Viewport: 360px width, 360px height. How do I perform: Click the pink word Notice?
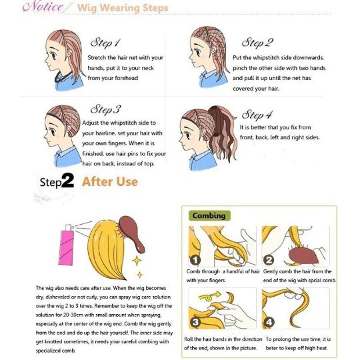(43, 7)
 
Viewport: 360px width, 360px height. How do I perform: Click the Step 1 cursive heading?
(105, 43)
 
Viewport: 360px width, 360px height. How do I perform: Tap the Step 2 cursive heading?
(257, 43)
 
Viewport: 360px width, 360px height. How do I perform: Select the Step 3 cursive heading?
(105, 109)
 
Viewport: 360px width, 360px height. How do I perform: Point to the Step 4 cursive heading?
(257, 115)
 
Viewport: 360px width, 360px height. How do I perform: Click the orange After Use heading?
(110, 182)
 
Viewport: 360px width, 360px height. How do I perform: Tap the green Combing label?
(209, 215)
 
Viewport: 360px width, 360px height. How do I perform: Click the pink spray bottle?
(67, 245)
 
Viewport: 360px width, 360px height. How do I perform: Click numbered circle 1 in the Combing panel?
(195, 260)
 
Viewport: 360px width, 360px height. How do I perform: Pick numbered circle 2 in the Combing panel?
(269, 260)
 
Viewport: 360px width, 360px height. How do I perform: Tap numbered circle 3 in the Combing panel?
(195, 322)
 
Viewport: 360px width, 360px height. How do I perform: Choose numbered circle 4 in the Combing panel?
(269, 322)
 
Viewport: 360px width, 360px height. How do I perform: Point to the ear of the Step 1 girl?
(69, 54)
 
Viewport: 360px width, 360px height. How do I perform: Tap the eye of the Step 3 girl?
(53, 131)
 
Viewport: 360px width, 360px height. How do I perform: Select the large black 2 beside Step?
(68, 181)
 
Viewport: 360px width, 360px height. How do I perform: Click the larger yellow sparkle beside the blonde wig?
(137, 261)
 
